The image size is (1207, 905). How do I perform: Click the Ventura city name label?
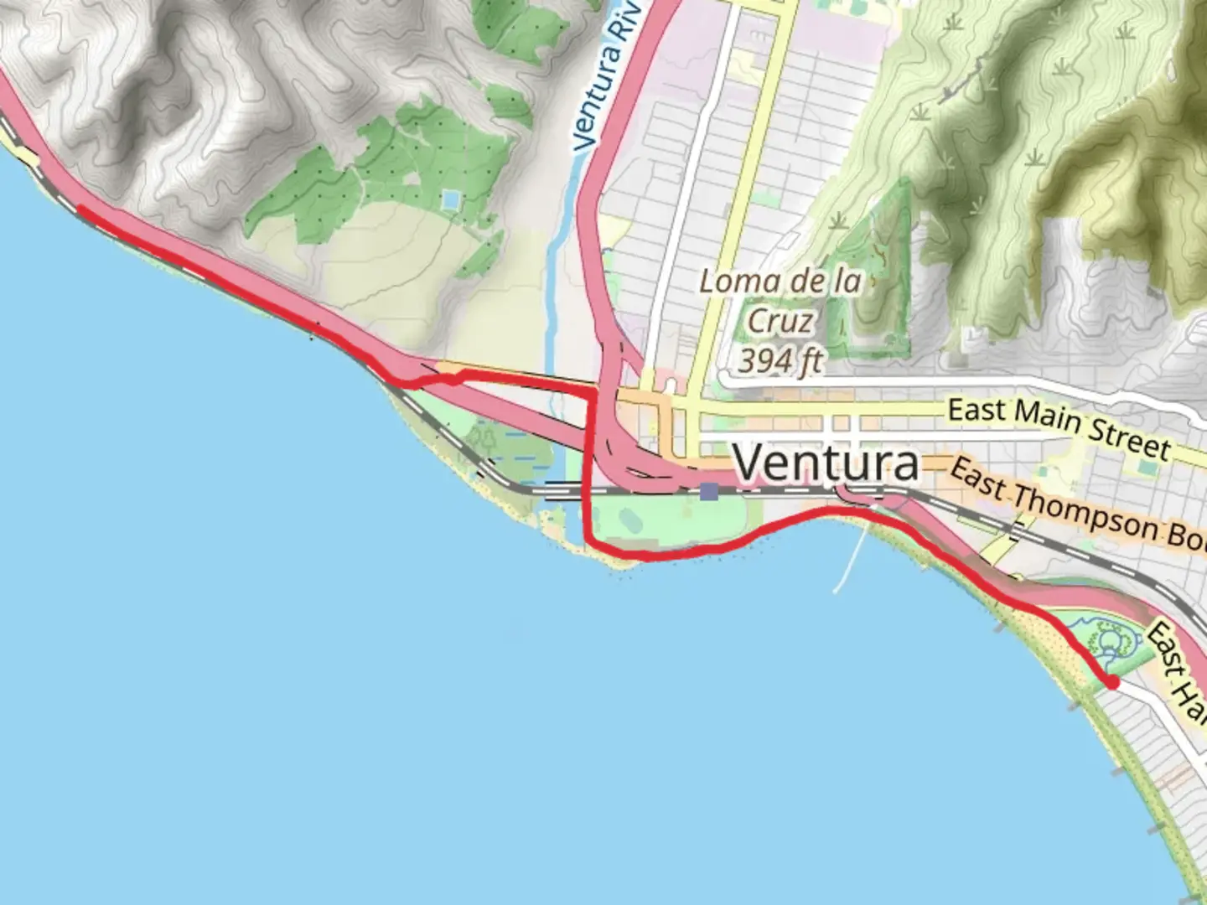(826, 463)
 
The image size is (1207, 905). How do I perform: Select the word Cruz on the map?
(780, 322)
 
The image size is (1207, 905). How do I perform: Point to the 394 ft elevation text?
(780, 361)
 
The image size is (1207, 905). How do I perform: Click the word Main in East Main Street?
(1044, 415)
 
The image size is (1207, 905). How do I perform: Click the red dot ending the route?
(1113, 683)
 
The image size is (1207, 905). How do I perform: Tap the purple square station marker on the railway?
(709, 491)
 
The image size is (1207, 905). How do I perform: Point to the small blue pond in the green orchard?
(451, 199)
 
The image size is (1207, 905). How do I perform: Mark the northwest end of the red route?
(80, 209)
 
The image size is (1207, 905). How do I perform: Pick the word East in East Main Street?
(976, 411)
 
